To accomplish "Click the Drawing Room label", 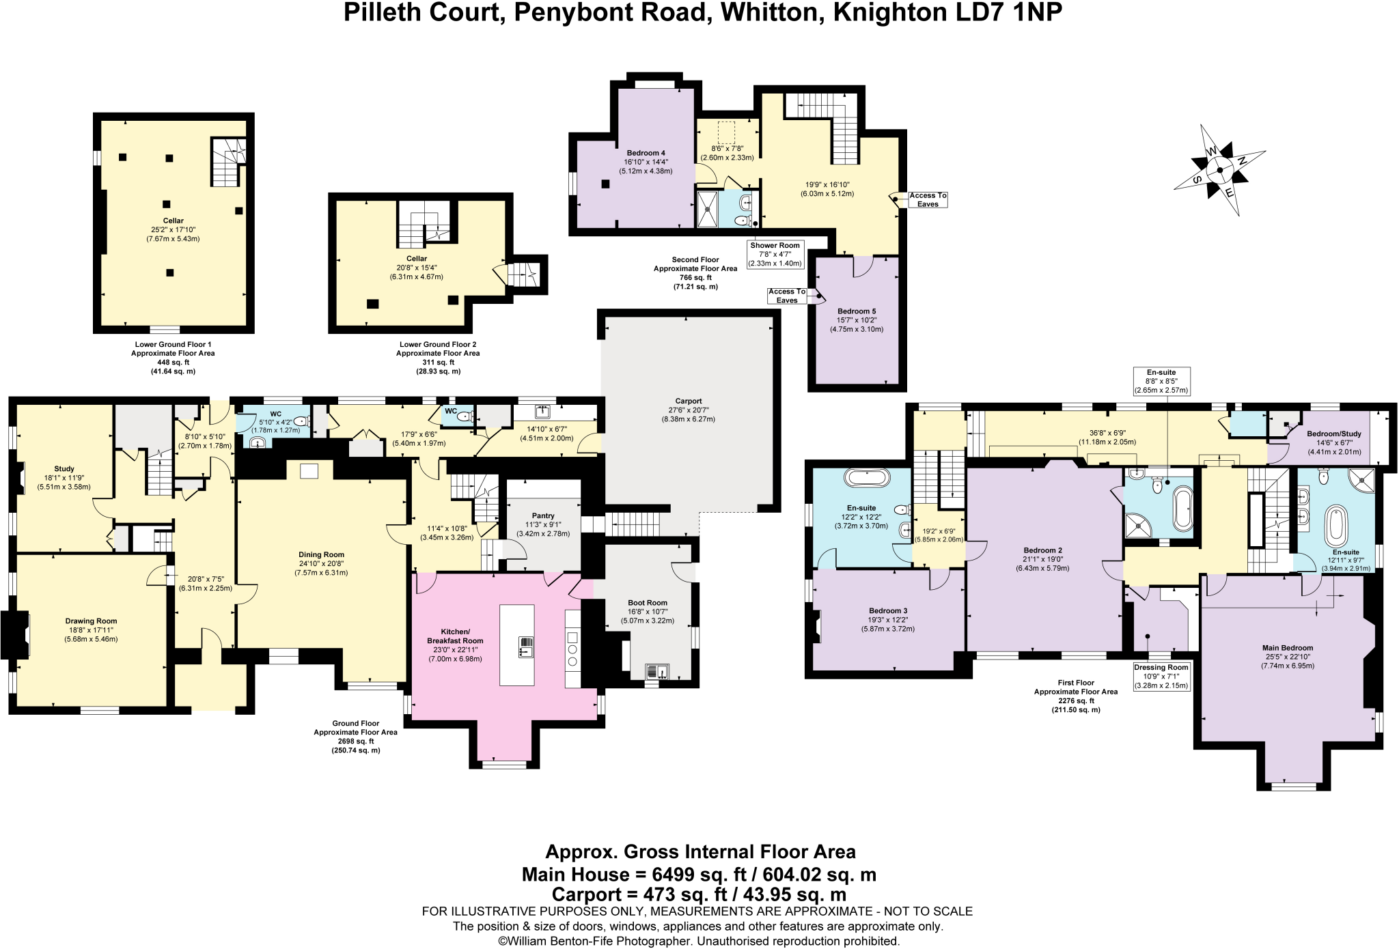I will pos(92,621).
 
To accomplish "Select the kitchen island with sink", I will pos(517,645).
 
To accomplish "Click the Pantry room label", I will pos(543,516).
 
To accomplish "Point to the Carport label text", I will pos(688,401).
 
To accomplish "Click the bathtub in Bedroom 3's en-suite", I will pos(867,477).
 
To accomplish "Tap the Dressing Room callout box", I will pos(1161,676).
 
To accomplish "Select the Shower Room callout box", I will pos(775,254).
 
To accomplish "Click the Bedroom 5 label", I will pos(857,311).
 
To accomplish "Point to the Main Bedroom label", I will pos(1288,648).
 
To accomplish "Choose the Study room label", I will pos(64,469).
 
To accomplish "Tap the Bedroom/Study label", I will pos(1334,434).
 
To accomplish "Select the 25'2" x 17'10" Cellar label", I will pos(173,229).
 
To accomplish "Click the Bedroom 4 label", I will pos(646,153).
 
